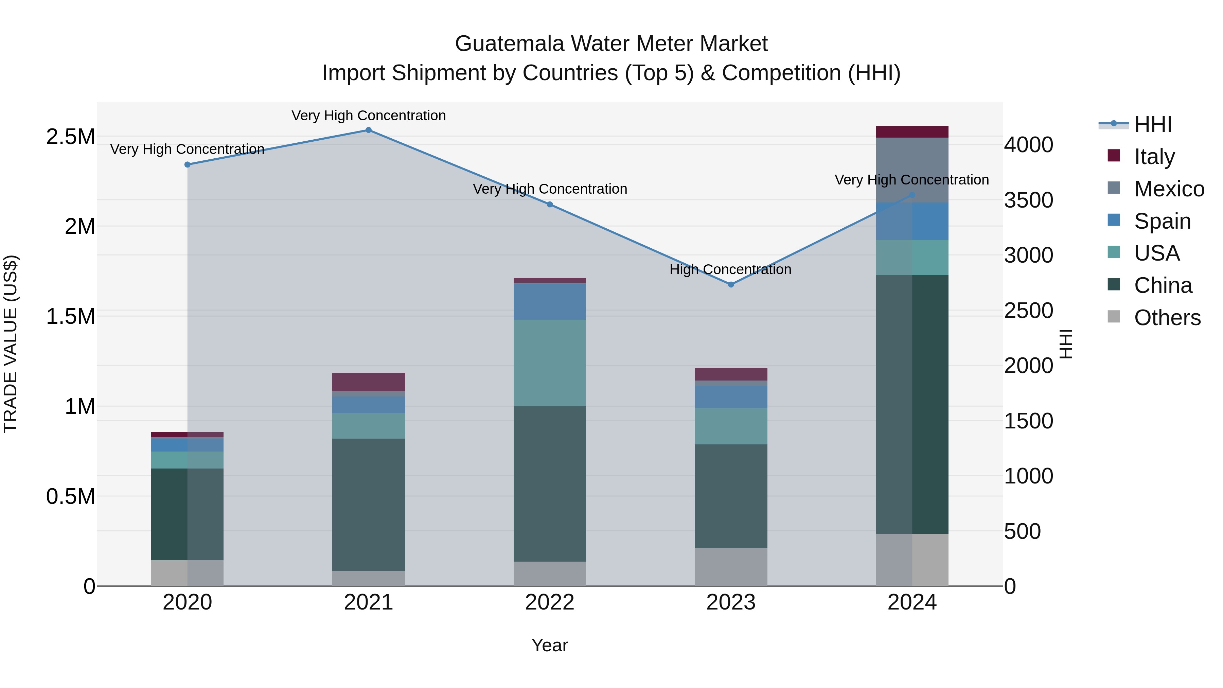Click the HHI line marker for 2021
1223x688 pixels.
368,130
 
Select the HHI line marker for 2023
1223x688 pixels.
731,284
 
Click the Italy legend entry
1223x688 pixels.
1154,157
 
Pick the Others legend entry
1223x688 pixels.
1167,318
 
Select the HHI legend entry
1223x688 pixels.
1152,124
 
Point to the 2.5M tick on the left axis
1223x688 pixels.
71,137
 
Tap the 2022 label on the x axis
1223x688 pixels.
550,602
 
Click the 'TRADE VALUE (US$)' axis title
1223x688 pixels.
11,344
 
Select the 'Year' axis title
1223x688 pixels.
549,645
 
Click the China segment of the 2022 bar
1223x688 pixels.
550,483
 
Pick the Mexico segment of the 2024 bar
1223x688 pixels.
912,170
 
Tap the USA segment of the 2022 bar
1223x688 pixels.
550,363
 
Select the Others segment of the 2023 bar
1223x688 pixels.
731,567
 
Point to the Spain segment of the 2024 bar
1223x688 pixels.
912,221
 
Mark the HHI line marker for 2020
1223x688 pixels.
188,165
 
